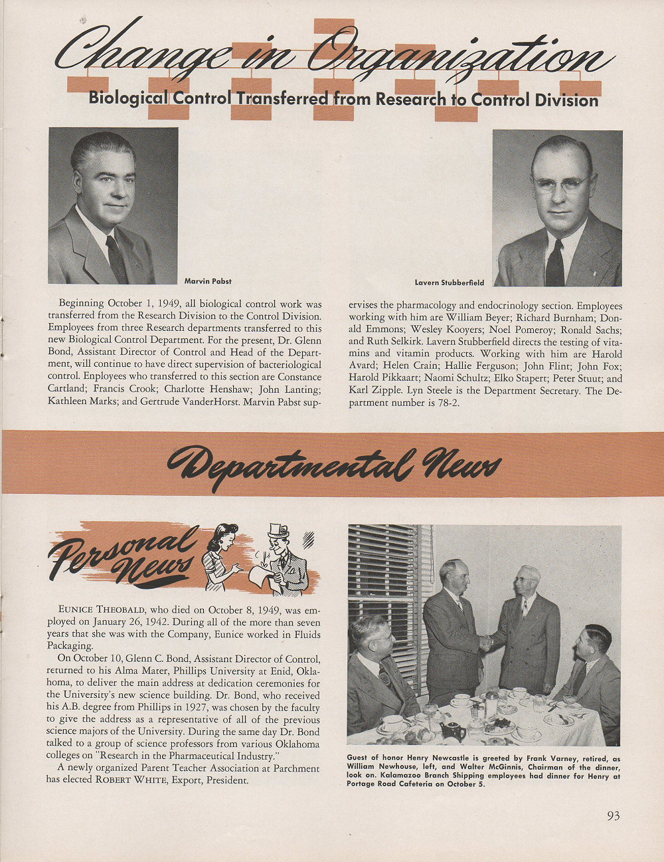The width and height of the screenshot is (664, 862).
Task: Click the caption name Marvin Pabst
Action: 208,281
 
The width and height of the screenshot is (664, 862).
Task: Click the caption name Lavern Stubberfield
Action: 450,282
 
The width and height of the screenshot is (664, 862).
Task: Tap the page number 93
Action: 613,815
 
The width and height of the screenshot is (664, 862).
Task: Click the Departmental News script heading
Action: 333,465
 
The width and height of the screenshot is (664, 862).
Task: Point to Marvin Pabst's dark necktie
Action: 117,258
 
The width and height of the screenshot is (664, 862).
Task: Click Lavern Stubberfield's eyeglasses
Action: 559,183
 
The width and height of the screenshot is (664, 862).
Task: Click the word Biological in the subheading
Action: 128,98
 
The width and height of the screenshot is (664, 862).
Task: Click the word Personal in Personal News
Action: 123,548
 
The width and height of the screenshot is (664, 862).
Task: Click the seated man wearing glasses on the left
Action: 375,671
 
